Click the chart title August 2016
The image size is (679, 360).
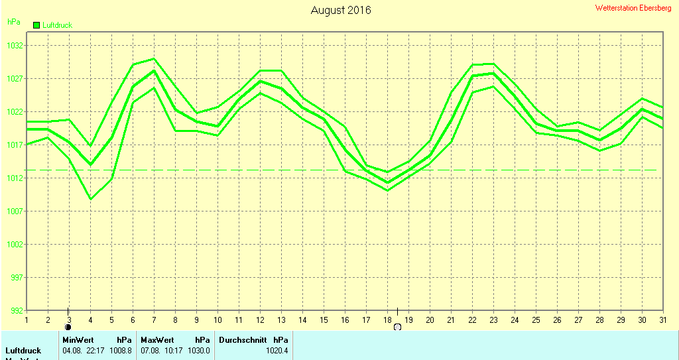[x=341, y=11]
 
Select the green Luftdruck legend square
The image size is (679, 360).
[x=36, y=25]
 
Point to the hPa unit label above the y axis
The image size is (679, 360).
[x=13, y=22]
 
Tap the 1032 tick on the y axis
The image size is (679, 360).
[x=15, y=46]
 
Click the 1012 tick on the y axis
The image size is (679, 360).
[x=15, y=178]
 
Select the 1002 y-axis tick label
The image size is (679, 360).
[x=15, y=245]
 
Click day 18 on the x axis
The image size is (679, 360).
[x=387, y=320]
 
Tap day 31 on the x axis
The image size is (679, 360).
[x=663, y=320]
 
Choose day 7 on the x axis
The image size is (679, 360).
[x=154, y=320]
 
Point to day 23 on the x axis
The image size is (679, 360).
[x=493, y=320]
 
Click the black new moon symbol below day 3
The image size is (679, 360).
[x=68, y=327]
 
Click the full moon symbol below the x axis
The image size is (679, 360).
[x=397, y=327]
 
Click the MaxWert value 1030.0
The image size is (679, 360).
[x=199, y=350]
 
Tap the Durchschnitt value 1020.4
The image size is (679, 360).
[x=277, y=350]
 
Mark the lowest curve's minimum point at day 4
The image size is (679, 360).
[x=90, y=199]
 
